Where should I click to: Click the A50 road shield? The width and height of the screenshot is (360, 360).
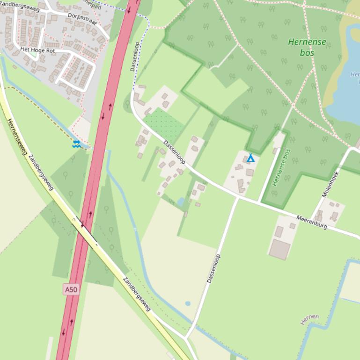click(x=71, y=290)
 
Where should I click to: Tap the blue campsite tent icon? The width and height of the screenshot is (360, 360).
click(x=250, y=158)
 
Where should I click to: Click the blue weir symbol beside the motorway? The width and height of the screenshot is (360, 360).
click(x=76, y=144)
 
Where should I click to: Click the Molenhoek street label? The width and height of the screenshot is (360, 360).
click(x=330, y=183)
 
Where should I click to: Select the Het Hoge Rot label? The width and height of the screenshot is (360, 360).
click(x=37, y=50)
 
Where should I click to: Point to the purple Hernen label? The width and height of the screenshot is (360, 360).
click(x=309, y=319)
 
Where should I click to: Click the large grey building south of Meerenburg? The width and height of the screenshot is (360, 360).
click(x=280, y=249)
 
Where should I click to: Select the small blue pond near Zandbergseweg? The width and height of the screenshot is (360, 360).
click(x=188, y=303)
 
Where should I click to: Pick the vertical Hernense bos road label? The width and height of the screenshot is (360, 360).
click(x=281, y=167)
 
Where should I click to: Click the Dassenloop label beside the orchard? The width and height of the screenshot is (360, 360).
click(x=175, y=152)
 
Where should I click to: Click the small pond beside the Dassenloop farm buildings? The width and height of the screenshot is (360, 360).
click(x=181, y=202)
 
